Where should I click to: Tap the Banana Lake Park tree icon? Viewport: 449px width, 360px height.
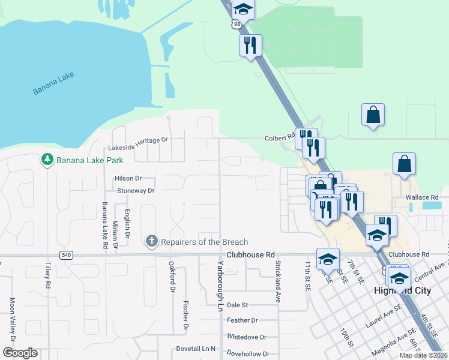[47, 160]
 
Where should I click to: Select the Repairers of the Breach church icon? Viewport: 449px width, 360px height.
[151, 241]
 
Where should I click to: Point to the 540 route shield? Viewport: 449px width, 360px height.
[67, 256]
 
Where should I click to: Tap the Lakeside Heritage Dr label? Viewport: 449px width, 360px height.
[139, 140]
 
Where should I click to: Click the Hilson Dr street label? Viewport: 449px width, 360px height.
[128, 178]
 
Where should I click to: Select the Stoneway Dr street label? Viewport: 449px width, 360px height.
[136, 191]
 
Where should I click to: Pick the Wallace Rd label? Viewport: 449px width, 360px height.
[426, 197]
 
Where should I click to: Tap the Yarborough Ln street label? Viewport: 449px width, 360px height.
[220, 281]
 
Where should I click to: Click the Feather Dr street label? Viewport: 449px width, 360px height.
[242, 321]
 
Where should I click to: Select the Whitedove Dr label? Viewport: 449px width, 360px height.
[247, 337]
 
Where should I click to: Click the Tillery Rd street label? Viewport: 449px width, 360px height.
[47, 274]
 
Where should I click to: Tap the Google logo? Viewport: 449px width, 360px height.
[19, 353]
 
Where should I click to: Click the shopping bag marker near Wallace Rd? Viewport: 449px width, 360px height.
[404, 164]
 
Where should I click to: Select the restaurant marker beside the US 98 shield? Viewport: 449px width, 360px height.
[250, 46]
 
